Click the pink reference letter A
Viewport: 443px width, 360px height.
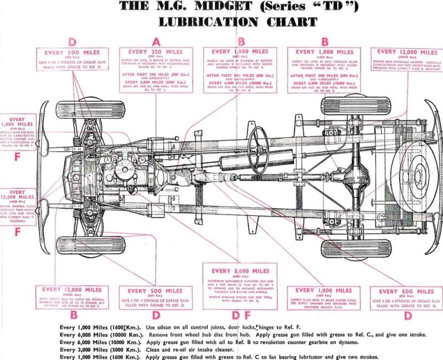pos(156,41)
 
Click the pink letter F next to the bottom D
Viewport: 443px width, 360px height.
pos(253,316)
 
